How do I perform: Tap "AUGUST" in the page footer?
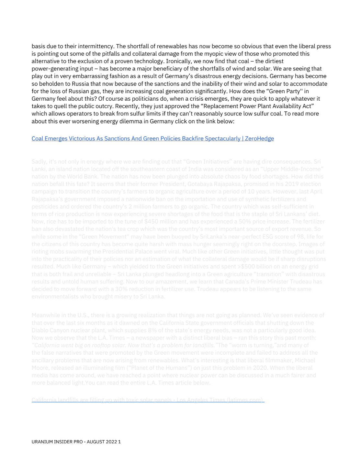tap(96, 442)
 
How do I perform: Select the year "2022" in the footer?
tap(112, 442)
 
